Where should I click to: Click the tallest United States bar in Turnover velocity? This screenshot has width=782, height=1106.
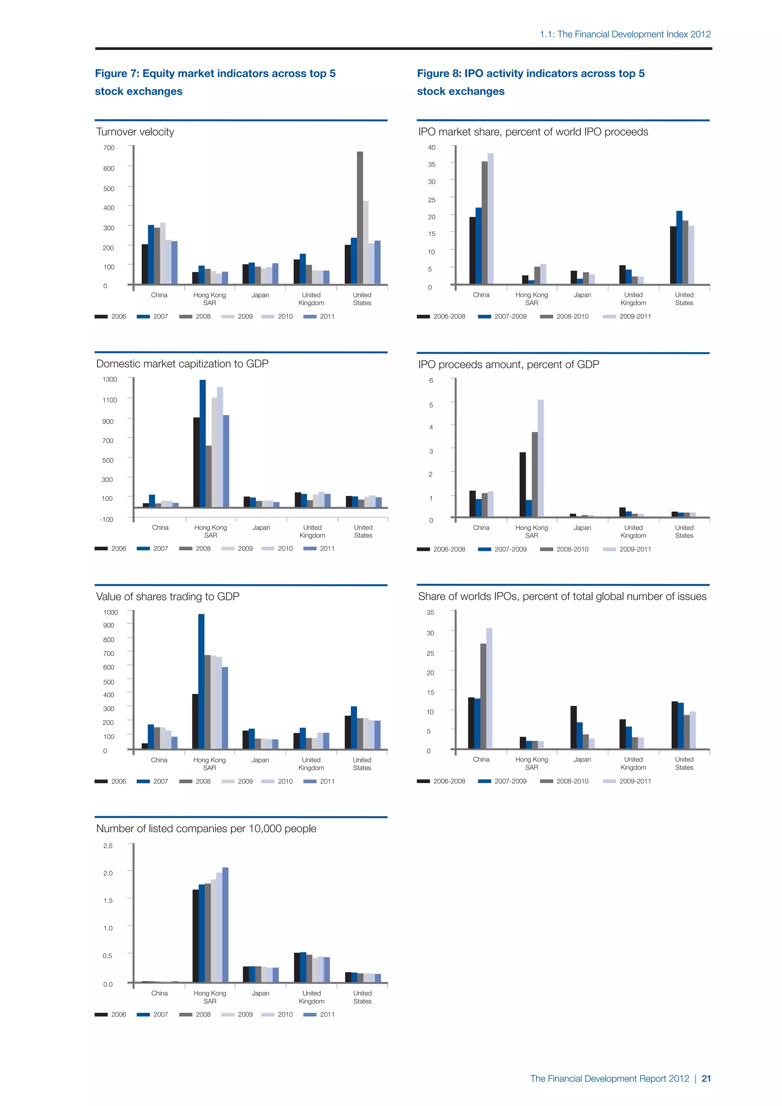coord(360,217)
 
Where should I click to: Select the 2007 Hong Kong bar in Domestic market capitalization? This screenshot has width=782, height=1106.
coord(203,443)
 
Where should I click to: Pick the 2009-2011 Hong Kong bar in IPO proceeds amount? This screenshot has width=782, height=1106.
coord(541,458)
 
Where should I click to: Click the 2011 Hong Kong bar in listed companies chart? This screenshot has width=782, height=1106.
coord(225,925)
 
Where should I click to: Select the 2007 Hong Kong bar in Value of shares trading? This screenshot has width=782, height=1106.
coord(201,681)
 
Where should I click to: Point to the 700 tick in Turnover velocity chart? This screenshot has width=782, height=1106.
coord(109,148)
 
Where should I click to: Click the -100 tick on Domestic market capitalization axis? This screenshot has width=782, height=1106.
coord(107,519)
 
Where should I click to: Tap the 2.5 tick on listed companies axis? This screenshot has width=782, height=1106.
coord(108,846)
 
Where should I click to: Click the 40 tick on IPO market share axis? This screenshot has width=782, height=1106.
coord(431,147)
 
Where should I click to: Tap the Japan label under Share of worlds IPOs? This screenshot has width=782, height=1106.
coord(582,759)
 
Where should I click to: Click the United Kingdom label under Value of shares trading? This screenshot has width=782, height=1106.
coord(311,763)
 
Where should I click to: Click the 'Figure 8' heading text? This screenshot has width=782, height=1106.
coord(531,73)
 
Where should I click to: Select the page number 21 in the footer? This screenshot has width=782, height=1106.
coord(706,1079)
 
